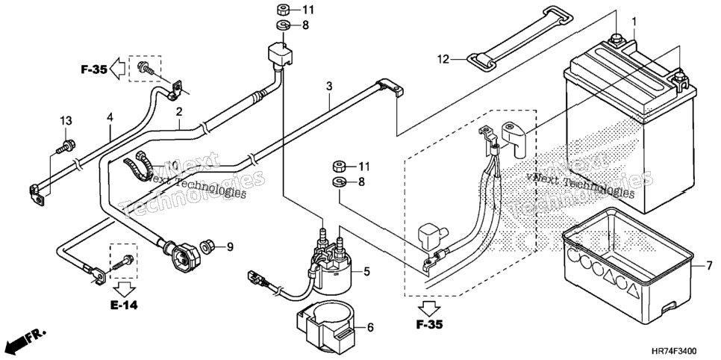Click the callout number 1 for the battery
point(634,22)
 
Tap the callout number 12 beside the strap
point(443,59)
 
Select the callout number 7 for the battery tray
point(710,266)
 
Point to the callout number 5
point(366,272)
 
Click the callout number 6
point(371,327)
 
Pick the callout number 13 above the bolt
point(66,121)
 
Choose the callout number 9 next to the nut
point(229,248)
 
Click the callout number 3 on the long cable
point(329,86)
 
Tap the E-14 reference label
point(124,305)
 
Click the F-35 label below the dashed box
point(429,325)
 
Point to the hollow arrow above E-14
point(124,290)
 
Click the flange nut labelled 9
point(207,246)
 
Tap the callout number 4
point(110,118)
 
